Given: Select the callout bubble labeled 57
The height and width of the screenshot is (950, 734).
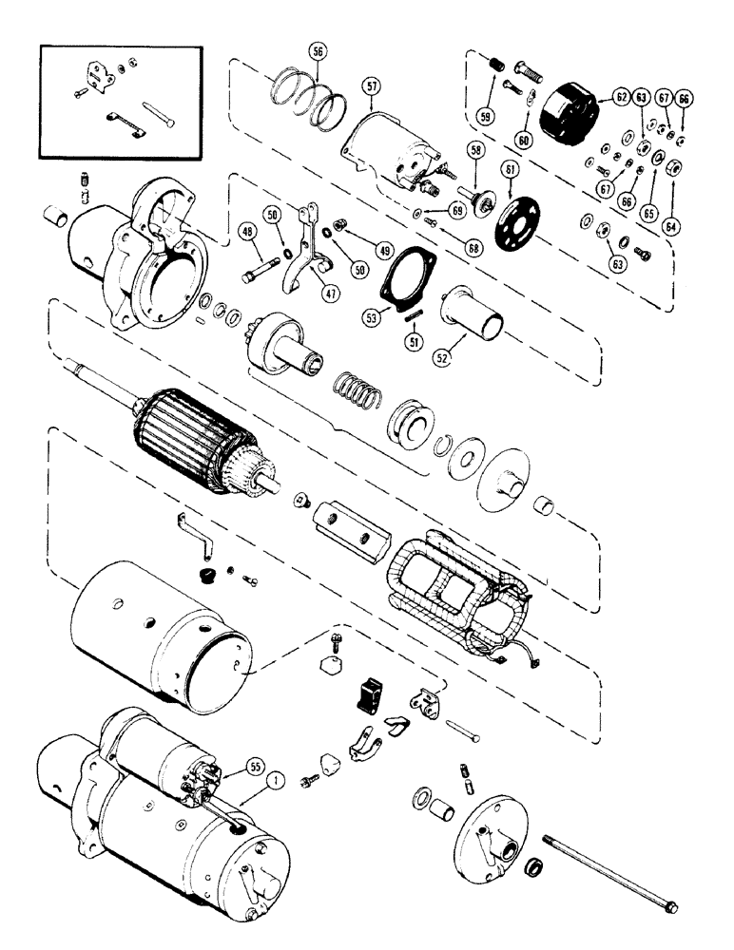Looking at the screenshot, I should tap(371, 86).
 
